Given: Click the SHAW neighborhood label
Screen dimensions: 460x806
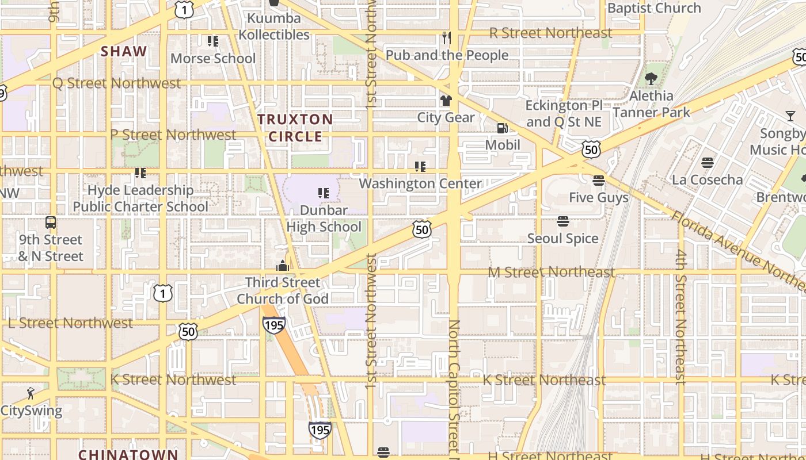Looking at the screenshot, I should point(124,51).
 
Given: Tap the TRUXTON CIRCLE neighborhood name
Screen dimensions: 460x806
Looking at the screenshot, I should point(295,128).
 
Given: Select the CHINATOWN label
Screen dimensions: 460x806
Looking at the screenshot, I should point(128,454).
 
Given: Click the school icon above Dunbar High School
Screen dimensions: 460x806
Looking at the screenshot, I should point(324,193).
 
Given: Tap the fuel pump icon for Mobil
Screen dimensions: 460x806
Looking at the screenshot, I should point(503,128).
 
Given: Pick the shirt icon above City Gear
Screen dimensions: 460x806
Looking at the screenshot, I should point(446,101).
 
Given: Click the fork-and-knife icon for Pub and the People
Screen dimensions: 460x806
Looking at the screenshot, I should point(446,39).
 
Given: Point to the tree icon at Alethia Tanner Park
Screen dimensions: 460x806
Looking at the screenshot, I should point(651,79).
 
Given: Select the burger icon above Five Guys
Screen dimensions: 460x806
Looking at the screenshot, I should point(598,181).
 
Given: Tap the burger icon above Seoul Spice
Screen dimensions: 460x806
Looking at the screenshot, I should point(563,221).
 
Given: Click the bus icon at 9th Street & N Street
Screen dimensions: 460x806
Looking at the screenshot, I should point(51,223).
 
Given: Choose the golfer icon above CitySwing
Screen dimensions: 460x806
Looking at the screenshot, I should point(31,394).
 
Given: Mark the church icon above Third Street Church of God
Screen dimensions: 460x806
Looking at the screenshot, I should point(282,266).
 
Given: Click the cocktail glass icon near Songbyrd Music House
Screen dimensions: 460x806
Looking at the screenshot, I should point(790,117).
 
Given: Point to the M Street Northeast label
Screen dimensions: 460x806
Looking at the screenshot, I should point(552,271).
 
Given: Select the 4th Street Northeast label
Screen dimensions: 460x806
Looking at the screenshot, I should point(681,317).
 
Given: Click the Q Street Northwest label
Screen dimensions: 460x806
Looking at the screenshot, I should point(116,83).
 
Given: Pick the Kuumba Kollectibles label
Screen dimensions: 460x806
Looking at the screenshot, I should point(274,26).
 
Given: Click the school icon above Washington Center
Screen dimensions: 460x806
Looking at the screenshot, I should point(420,167).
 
